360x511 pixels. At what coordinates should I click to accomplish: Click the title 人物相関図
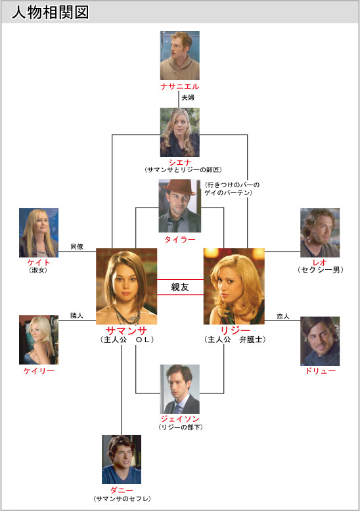click(50, 12)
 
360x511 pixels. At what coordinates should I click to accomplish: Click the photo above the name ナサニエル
click(180, 55)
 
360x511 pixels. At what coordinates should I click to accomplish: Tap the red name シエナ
click(180, 162)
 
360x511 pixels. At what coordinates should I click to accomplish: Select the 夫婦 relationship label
click(188, 97)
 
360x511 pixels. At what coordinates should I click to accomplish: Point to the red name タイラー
click(180, 240)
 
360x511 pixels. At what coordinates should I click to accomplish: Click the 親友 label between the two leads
click(180, 287)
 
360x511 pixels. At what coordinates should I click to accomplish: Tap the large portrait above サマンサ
click(127, 286)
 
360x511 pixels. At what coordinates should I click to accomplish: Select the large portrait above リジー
click(234, 286)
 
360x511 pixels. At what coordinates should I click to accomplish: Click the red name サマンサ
click(127, 330)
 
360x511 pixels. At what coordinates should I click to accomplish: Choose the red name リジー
click(235, 330)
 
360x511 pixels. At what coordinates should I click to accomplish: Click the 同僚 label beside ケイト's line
click(77, 247)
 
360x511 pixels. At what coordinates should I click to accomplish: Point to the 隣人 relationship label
click(77, 315)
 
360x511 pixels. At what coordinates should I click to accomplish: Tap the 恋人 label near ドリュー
click(283, 316)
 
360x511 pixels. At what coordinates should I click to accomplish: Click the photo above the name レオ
click(320, 233)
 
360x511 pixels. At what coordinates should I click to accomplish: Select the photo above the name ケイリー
click(39, 340)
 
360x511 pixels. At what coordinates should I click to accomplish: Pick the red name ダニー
click(122, 490)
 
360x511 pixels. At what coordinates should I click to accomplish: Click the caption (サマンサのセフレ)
click(122, 499)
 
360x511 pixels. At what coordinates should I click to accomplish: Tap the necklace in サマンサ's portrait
click(127, 314)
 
